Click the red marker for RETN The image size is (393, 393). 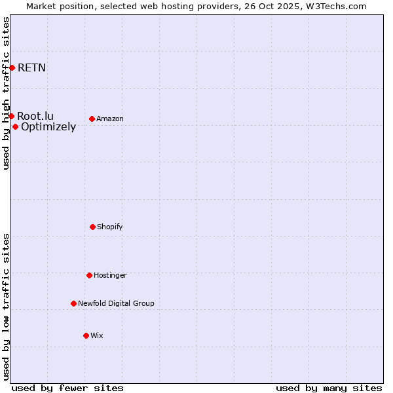pyautogui.click(x=12, y=67)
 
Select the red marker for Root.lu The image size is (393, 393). pyautogui.click(x=11, y=116)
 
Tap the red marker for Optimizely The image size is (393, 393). pyautogui.click(x=15, y=126)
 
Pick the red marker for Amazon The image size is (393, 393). pyautogui.click(x=92, y=119)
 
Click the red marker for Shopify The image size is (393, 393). pyautogui.click(x=92, y=227)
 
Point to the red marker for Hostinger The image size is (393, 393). pyautogui.click(x=89, y=275)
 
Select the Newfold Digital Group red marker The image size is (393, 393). pyautogui.click(x=73, y=303)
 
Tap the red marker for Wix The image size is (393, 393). pyautogui.click(x=86, y=335)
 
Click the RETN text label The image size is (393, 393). pyautogui.click(x=31, y=67)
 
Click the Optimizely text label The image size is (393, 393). pyautogui.click(x=48, y=126)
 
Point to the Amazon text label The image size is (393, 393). pyautogui.click(x=110, y=119)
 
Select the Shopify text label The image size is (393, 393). pyautogui.click(x=110, y=227)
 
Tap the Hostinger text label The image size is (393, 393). pyautogui.click(x=110, y=275)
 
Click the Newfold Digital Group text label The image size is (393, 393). pyautogui.click(x=116, y=303)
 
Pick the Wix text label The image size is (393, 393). pyautogui.click(x=97, y=335)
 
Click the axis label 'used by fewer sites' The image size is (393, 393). pyautogui.click(x=67, y=388)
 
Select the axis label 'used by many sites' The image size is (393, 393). pyautogui.click(x=329, y=388)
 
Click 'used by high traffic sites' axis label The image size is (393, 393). pyautogui.click(x=6, y=93)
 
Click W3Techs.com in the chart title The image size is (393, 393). pyautogui.click(x=334, y=6)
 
